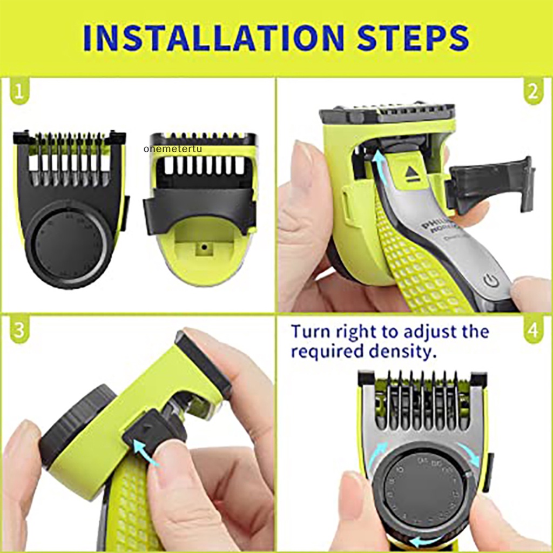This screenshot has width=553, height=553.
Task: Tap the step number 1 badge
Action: tap(19, 92)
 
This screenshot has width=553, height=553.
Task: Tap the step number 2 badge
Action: tap(533, 92)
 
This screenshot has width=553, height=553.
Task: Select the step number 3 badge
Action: tap(19, 331)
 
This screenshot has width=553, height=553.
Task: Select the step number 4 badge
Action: tap(533, 331)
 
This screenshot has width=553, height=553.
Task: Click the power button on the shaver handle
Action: tap(489, 280)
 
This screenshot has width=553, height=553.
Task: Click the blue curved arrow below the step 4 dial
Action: tap(427, 540)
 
